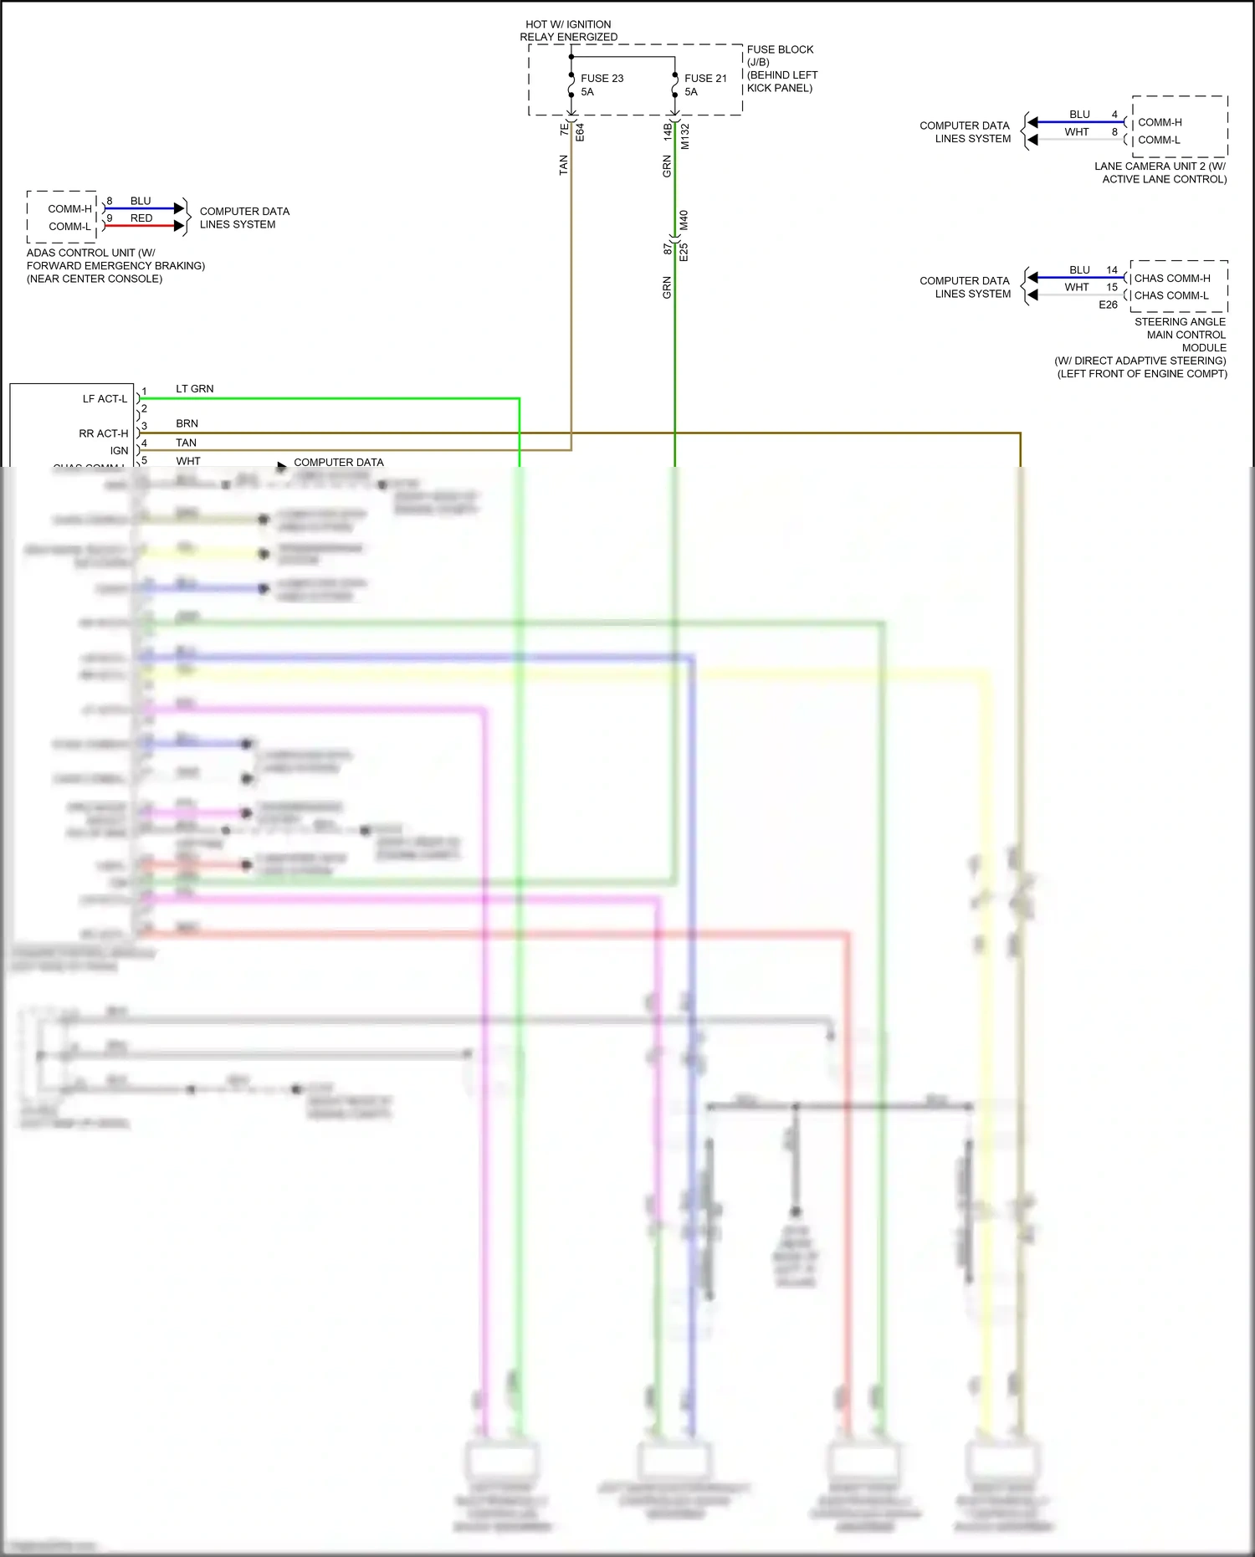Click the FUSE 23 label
(x=602, y=79)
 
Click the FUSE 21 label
(x=705, y=79)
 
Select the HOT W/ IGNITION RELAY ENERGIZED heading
(x=569, y=31)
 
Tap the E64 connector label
(x=580, y=132)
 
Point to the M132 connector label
(x=685, y=136)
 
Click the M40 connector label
(x=684, y=220)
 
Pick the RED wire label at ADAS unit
(x=141, y=218)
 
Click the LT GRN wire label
(x=194, y=389)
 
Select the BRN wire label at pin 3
(x=187, y=424)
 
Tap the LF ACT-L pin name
(x=105, y=399)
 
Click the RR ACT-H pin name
(x=104, y=433)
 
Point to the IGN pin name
(x=120, y=450)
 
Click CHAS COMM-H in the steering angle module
(x=1172, y=279)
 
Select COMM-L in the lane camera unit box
(x=1159, y=140)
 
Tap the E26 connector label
(x=1108, y=305)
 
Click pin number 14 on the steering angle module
(x=1112, y=270)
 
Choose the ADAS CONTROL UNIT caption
(x=115, y=265)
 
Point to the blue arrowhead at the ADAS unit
(x=179, y=208)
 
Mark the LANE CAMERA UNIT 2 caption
(x=1160, y=172)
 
